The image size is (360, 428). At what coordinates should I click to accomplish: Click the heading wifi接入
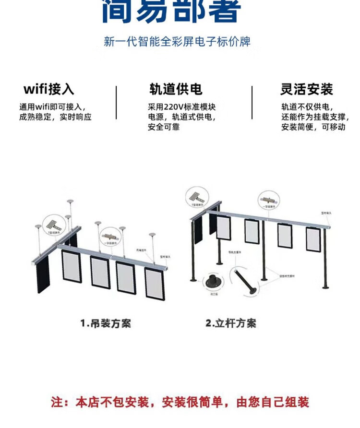49,90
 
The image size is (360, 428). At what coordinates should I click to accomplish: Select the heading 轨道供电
176,90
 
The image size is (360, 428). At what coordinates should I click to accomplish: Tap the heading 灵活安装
306,90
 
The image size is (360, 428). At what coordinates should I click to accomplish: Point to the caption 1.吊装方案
105,323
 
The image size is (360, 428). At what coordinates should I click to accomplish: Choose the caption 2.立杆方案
231,323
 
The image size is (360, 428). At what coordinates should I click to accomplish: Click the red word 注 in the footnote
57,402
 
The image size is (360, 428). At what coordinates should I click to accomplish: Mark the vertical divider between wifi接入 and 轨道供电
116,103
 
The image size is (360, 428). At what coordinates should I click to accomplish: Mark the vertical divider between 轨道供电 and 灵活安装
252,103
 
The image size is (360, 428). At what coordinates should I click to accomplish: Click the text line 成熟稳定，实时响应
55,117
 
